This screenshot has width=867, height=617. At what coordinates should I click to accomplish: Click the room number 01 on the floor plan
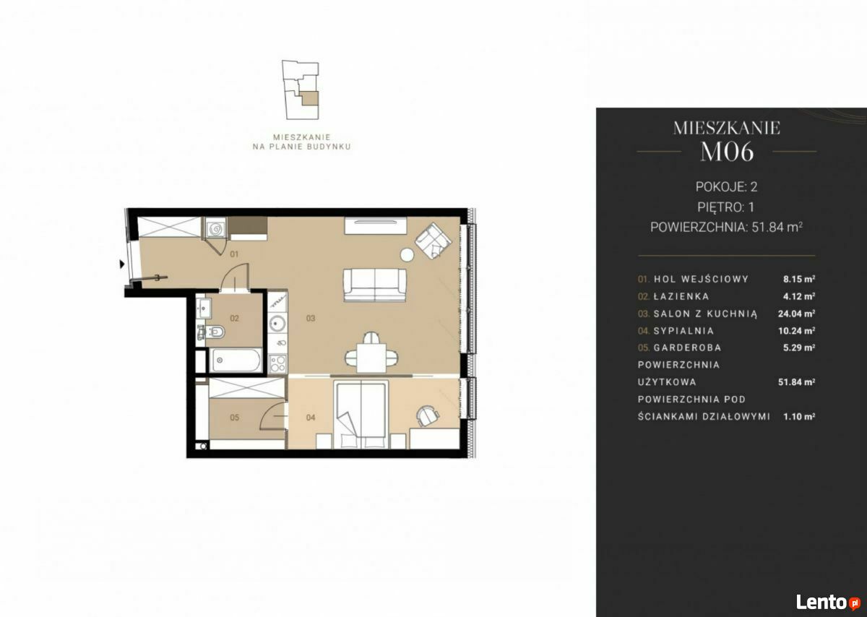pos(234,254)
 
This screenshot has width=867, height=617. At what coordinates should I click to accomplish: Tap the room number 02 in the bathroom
pos(234,318)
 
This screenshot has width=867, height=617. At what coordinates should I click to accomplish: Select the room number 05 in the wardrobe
pos(234,418)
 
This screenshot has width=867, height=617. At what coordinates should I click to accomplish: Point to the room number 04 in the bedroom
pos(311,418)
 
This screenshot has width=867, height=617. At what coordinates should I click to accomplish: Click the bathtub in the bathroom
pos(236,361)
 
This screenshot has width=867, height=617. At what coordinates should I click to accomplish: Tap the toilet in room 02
pos(214,332)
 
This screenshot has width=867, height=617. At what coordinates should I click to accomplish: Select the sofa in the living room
pos(375,285)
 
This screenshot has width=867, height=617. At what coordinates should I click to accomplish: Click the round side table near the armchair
pos(407,255)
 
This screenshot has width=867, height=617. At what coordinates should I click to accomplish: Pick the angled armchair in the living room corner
pos(433,241)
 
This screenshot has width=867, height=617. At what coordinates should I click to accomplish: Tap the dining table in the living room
pos(371,358)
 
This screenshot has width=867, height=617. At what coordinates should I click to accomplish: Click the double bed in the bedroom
pos(361,414)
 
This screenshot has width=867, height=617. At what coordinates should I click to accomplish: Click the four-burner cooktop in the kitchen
pos(277,363)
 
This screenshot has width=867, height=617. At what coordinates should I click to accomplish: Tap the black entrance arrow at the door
pos(122,264)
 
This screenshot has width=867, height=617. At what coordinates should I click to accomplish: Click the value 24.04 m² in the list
pos(796,314)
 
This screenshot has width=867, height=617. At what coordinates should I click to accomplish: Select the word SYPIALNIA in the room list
pos(683,331)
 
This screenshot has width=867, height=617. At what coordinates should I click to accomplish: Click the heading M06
pos(727,152)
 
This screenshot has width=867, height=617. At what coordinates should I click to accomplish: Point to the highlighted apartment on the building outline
pos(310,99)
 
